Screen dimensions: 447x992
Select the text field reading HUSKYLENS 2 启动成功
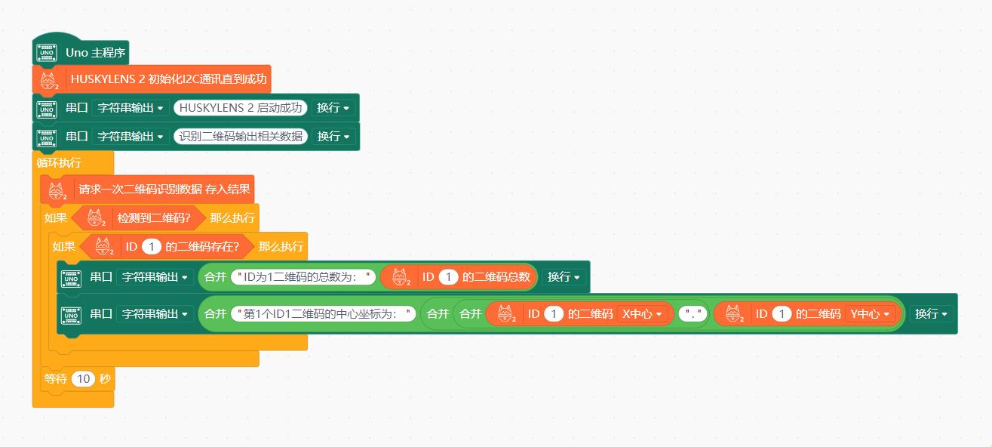(241, 107)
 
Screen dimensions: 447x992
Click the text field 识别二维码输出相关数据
(241, 136)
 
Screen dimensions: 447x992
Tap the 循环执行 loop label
(59, 162)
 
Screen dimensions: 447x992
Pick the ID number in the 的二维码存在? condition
(151, 247)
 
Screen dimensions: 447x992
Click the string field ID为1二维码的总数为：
(303, 277)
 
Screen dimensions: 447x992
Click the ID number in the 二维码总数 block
(448, 277)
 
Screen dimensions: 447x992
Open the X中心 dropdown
(641, 313)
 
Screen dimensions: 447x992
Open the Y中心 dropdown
(870, 313)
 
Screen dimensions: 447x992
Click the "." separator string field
(693, 313)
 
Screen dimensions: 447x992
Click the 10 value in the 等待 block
(82, 379)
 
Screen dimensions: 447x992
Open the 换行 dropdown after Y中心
(931, 313)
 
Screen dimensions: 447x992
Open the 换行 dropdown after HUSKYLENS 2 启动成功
(333, 107)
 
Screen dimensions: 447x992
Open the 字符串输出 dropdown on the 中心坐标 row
(155, 313)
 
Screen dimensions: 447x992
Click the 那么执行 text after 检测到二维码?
(232, 218)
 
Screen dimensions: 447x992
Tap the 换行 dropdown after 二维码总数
(564, 277)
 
